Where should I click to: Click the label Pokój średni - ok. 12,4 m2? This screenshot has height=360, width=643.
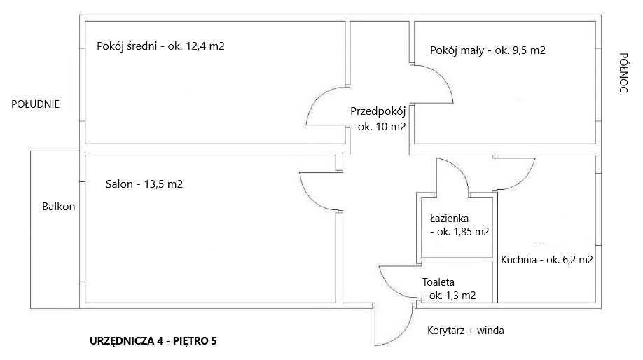[x=160, y=47]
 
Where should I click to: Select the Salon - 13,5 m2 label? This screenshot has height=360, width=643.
[x=144, y=184]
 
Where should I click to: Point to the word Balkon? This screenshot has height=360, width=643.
[x=58, y=207]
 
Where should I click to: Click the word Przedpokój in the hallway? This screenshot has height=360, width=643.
[x=378, y=111]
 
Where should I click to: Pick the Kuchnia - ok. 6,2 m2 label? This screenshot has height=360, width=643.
[x=547, y=260]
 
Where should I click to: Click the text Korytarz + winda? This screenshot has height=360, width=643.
[x=465, y=331]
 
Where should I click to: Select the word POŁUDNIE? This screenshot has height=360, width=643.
[x=35, y=104]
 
